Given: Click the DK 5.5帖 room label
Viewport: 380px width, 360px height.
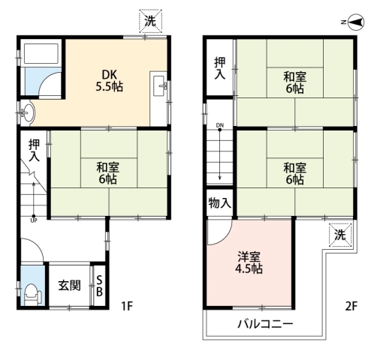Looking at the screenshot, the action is click(110, 80).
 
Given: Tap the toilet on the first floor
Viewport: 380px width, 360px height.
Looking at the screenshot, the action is click(33, 294).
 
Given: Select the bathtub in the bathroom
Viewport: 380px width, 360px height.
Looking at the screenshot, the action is click(41, 53).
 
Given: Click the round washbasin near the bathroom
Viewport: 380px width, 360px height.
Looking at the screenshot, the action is click(28, 113).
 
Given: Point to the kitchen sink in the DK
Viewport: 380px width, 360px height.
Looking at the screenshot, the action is click(159, 86).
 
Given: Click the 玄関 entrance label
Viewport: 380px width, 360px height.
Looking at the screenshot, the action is click(69, 286).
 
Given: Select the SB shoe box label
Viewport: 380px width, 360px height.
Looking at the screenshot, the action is click(99, 286).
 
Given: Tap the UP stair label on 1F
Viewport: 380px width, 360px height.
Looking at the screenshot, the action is click(34, 220).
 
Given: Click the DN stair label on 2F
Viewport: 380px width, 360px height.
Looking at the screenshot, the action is click(220, 125).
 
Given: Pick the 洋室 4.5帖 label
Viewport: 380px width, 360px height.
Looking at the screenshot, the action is click(249, 262).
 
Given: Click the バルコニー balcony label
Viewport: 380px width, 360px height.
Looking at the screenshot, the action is click(265, 324).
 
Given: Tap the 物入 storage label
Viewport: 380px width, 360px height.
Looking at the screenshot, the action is click(219, 202).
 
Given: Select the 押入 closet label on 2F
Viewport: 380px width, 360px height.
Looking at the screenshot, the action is click(219, 68).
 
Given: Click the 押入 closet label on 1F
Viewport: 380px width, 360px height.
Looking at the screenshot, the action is click(34, 150).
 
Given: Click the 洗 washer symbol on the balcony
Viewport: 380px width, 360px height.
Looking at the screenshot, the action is click(340, 235).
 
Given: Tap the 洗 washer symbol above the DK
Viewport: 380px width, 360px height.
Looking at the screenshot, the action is click(151, 21).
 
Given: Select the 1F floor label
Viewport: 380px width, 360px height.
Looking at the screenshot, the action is click(127, 306).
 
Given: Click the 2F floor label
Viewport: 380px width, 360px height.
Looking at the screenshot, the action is click(351, 306).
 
